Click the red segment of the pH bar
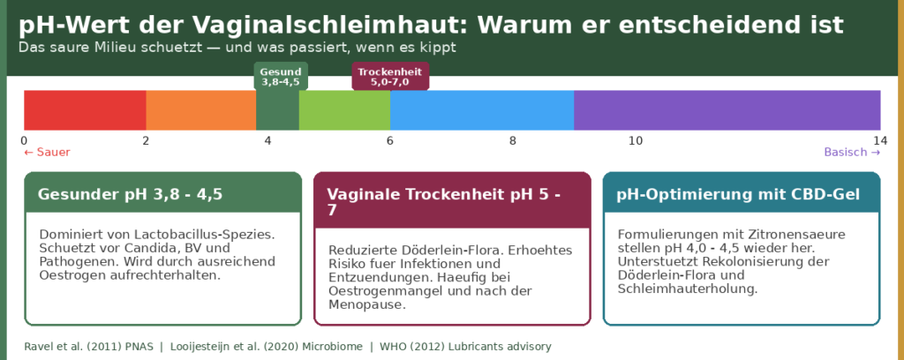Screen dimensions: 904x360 85,110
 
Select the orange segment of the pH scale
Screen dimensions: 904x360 201,110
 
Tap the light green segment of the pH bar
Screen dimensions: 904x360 345,110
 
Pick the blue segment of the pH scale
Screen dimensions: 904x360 482,110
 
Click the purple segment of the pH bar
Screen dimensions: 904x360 727,110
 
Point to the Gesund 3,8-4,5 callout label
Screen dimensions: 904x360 281,77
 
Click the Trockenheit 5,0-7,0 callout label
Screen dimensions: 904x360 390,77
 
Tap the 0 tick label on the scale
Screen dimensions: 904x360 24,140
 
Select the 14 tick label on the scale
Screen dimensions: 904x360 880,140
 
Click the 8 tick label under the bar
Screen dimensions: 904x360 513,140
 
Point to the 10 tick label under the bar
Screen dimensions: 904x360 636,140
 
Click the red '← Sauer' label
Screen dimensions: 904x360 47,152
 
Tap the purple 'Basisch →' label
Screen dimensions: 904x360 852,152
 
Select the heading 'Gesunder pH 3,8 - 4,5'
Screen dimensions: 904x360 131,194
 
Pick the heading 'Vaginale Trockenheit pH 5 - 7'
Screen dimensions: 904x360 443,202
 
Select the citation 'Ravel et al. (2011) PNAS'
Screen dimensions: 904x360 89,347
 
